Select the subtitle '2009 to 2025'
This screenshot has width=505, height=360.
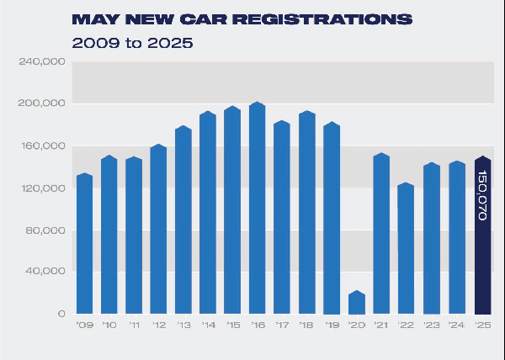coord(132,42)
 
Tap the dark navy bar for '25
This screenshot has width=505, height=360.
coord(482,236)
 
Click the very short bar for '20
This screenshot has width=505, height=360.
coord(357,303)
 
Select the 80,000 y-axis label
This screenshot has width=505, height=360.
coord(46,230)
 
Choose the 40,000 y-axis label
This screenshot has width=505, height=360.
coord(46,272)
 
